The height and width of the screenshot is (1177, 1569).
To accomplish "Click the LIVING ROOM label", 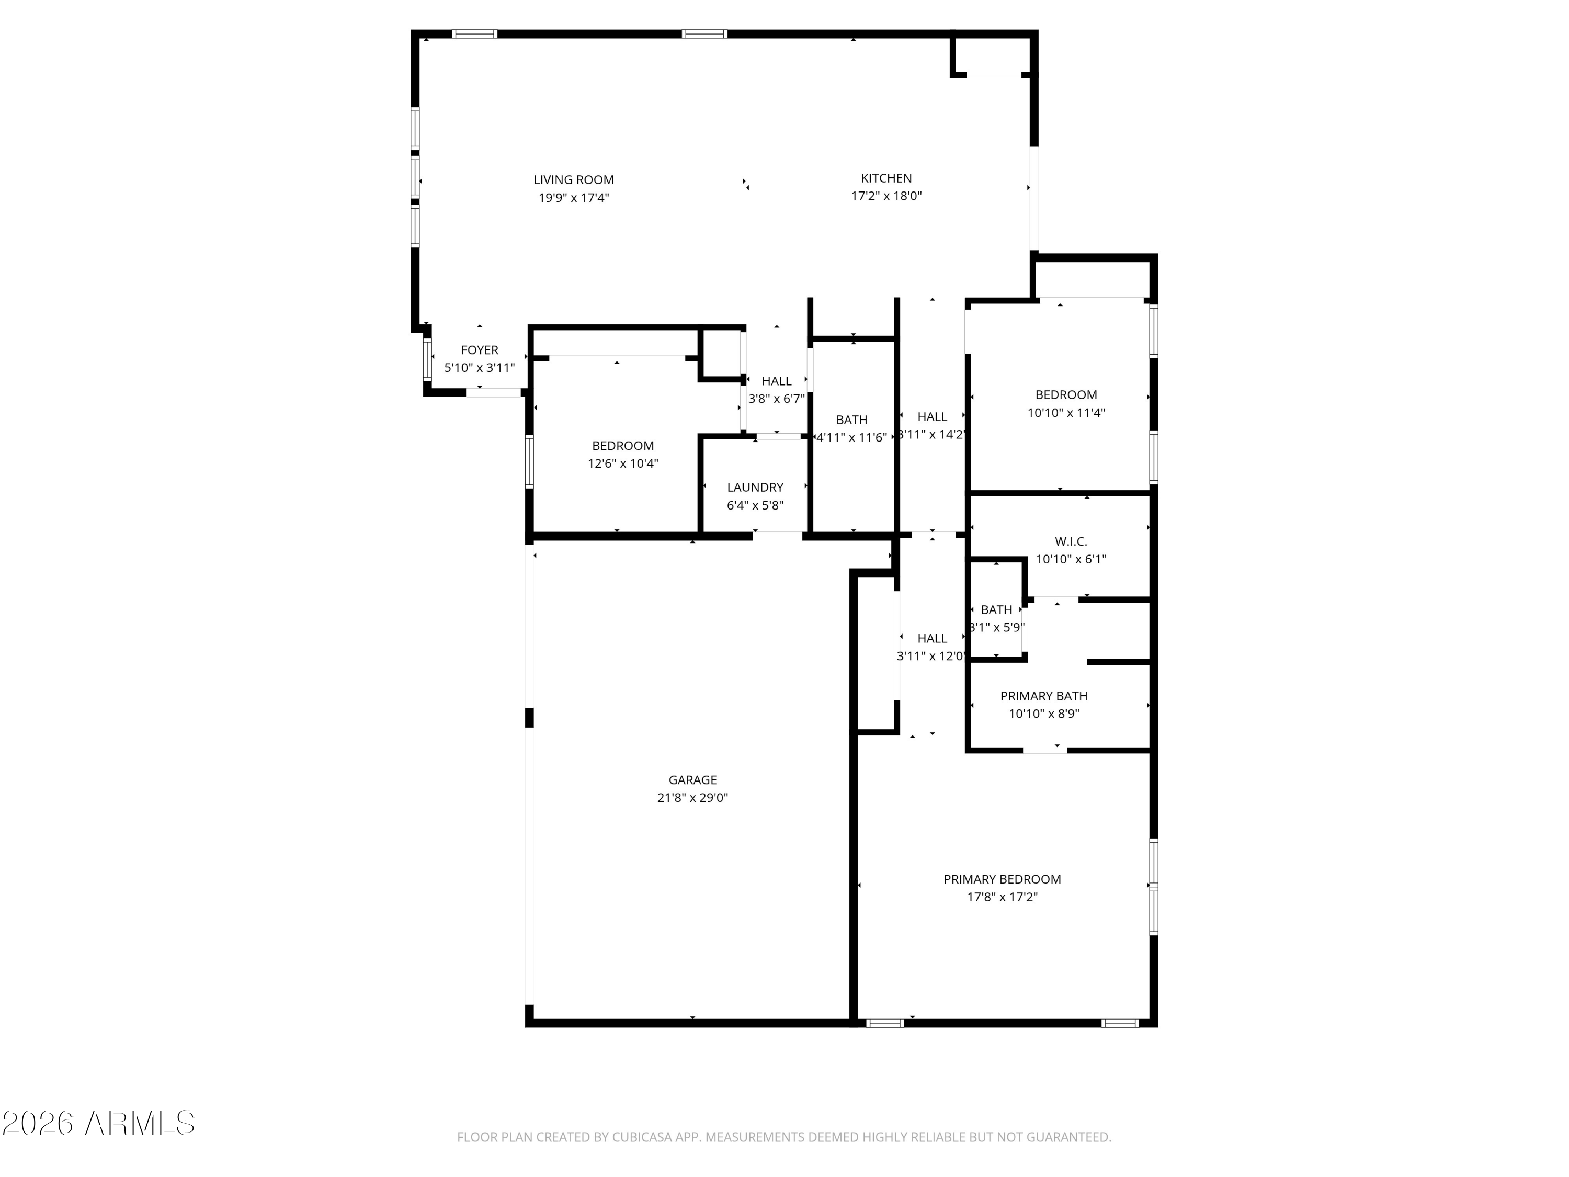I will pyautogui.click(x=573, y=180).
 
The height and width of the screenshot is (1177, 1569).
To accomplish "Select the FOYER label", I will pyautogui.click(x=480, y=350).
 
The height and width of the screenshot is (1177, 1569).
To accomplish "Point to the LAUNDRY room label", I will pyautogui.click(x=755, y=488).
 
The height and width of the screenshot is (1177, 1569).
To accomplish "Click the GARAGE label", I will pyautogui.click(x=692, y=780).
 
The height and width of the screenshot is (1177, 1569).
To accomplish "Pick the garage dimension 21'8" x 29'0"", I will pyautogui.click(x=692, y=797).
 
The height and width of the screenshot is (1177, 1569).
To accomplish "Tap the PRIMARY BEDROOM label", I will pyautogui.click(x=1002, y=879).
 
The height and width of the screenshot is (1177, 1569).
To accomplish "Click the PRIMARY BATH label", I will pyautogui.click(x=1043, y=696).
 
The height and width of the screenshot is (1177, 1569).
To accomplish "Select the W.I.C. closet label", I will pyautogui.click(x=1071, y=541).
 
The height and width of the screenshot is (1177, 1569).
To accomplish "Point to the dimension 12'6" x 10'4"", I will pyautogui.click(x=623, y=464).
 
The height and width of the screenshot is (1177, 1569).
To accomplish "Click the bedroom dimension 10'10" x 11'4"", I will pyautogui.click(x=1065, y=413).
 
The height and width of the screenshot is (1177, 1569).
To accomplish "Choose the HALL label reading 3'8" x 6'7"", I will pyautogui.click(x=776, y=381).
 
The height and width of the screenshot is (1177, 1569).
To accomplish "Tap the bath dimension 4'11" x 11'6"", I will pyautogui.click(x=851, y=438).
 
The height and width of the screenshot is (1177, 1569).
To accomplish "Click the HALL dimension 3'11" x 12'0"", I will pyautogui.click(x=931, y=657).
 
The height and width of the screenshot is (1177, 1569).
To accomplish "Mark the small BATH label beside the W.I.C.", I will pyautogui.click(x=996, y=609).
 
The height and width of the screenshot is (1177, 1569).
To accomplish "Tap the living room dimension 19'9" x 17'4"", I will pyautogui.click(x=573, y=198).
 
